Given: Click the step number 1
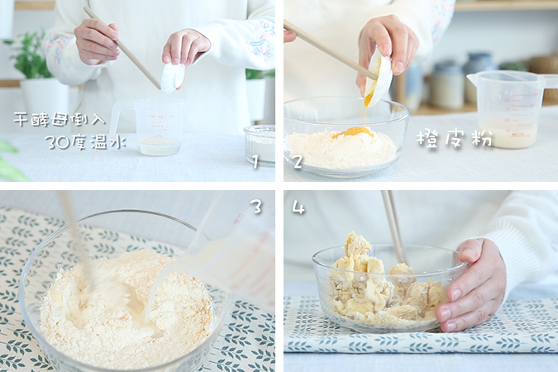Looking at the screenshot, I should coord(255,162).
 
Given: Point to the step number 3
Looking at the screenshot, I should coord(256,207).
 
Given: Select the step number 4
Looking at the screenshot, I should coord(298,207).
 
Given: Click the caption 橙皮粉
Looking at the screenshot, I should coord(454,139).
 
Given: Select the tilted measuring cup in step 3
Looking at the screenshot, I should coord(231,256).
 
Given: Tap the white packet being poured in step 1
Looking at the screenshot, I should coord(172,77).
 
